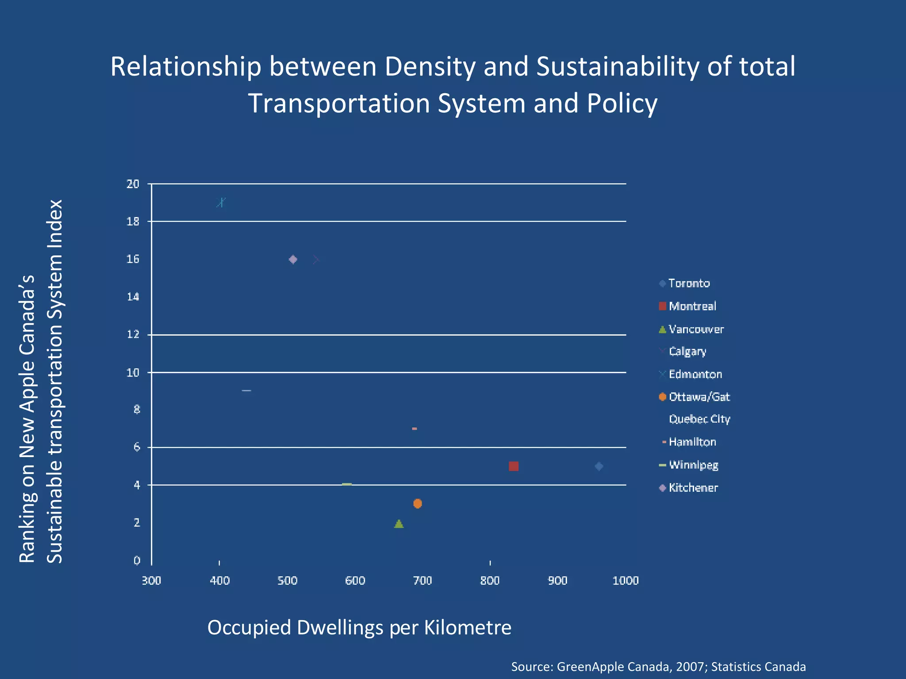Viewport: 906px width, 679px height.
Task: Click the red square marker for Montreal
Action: [513, 466]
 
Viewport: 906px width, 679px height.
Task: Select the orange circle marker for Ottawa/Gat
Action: [417, 504]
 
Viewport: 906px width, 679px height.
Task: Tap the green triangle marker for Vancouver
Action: [399, 524]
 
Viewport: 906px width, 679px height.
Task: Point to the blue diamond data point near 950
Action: [599, 466]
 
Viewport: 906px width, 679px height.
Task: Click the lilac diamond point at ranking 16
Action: [293, 259]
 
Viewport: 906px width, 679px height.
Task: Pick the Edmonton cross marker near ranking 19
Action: [221, 202]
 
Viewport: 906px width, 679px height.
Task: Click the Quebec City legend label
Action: [699, 419]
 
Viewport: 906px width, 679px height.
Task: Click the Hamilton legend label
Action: [692, 442]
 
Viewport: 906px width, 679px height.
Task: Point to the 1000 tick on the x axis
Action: [625, 580]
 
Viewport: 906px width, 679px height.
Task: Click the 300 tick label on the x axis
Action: [151, 580]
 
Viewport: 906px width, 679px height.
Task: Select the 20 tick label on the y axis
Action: [133, 184]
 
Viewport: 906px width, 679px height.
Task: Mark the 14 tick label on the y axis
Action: [133, 297]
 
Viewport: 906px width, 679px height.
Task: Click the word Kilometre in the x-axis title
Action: [468, 627]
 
